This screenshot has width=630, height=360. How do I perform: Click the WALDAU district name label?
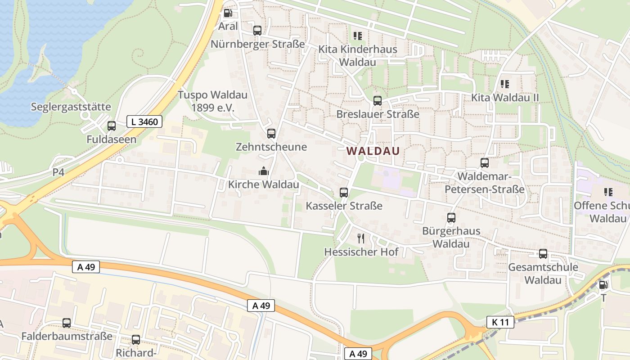coord(373,151)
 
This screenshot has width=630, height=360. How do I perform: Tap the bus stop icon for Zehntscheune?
coord(271,134)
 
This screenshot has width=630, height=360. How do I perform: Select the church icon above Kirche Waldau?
coord(263,171)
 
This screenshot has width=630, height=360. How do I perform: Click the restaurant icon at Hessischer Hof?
coord(361,238)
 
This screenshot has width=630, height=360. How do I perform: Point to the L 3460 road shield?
coord(144,121)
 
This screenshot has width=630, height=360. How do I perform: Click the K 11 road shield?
coord(500,322)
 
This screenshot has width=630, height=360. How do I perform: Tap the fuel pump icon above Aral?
coord(228,13)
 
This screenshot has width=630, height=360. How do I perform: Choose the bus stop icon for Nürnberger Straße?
coord(257,31)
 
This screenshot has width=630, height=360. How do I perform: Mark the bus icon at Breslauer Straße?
coord(378,101)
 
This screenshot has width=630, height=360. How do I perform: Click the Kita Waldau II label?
coord(505,98)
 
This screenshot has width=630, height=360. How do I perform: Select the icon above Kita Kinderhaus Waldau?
coord(358,36)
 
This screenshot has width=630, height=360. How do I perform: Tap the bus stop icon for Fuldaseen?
coord(112,126)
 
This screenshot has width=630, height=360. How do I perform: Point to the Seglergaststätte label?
coord(71,107)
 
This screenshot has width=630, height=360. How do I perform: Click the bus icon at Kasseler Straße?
coord(344,193)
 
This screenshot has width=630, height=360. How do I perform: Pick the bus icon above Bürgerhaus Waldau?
coord(451,218)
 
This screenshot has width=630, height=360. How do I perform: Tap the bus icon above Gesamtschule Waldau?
coord(543,254)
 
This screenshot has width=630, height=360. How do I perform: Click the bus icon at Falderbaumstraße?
coord(67,323)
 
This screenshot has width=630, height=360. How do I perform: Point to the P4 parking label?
coord(58,172)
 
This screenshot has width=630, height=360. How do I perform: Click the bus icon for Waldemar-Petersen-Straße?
coord(485,163)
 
